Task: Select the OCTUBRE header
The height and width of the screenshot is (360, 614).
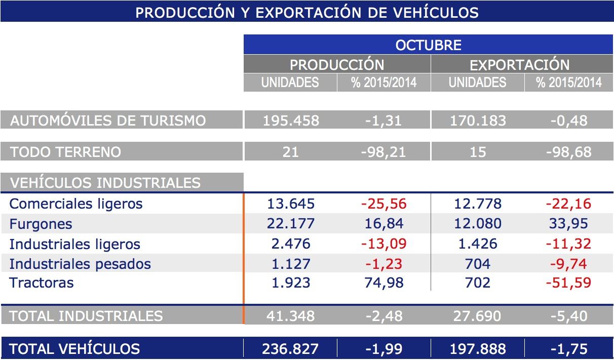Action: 428,45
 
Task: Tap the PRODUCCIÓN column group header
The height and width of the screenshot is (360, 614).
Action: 337,65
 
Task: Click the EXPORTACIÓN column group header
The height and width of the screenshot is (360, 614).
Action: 520,65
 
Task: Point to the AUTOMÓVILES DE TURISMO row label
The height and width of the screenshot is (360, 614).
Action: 108,121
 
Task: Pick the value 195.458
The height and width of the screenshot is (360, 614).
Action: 291,121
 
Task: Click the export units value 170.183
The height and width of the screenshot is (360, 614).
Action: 478,121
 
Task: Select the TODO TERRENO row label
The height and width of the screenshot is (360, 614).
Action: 65,151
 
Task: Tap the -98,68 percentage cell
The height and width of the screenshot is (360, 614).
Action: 569,152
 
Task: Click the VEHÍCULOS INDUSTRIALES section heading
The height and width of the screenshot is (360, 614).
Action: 105,182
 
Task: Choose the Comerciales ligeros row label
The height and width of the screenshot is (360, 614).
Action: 76,204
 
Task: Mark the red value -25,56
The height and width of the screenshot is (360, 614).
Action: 383,204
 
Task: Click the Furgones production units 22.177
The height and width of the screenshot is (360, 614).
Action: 291,224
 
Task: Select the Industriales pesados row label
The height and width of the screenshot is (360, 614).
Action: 80,264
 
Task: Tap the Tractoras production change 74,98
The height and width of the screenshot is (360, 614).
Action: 383,283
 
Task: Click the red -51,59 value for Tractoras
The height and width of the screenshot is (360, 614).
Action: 568,283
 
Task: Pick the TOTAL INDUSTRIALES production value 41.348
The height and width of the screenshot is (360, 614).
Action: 291,316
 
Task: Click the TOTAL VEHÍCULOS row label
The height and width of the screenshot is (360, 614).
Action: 74,348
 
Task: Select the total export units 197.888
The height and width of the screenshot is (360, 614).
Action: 478,348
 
